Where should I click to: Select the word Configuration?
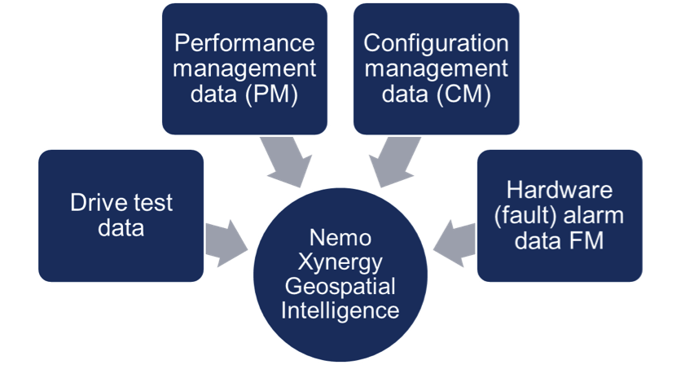pos(436,42)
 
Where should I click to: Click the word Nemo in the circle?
pos(340,239)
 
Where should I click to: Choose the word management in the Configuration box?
pos(436,68)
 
